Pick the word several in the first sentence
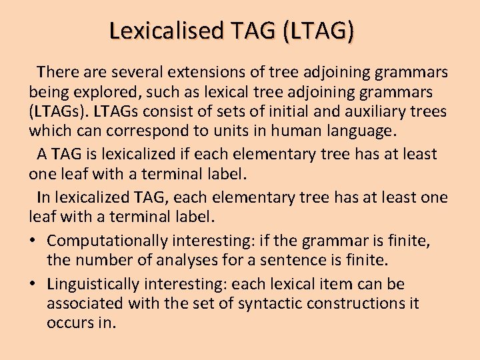[136, 71]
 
